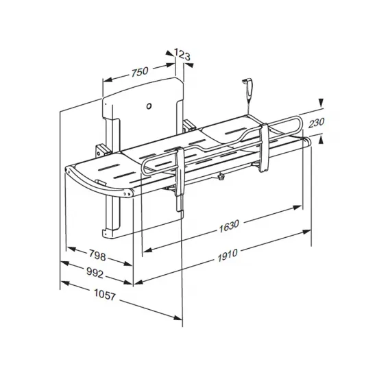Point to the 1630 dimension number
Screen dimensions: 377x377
tap(231, 225)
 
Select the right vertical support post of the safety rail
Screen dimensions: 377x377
tap(263, 147)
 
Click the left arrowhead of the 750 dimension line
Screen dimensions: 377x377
tap(106, 79)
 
